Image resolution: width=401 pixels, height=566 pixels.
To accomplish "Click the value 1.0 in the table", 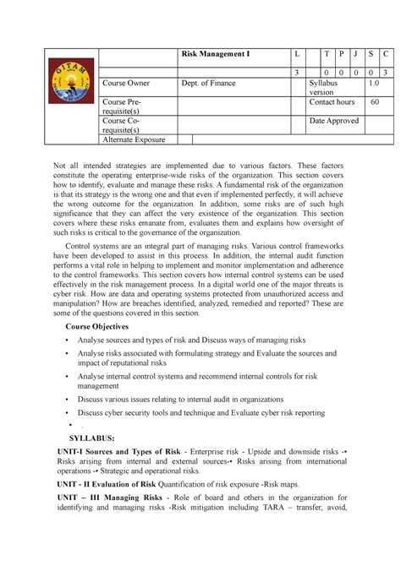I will (x=373, y=84).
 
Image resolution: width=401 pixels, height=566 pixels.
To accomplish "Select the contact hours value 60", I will (x=374, y=102).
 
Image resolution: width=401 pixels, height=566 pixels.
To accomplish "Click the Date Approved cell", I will (x=334, y=121).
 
